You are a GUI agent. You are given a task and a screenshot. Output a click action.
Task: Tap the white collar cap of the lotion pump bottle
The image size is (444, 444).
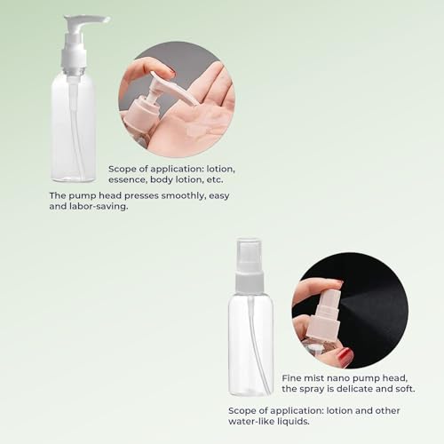pos(74,59)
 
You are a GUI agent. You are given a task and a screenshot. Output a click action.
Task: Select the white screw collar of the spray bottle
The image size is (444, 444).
pos(250,282)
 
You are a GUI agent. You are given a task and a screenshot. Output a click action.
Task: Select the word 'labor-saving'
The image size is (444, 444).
pos(99,206)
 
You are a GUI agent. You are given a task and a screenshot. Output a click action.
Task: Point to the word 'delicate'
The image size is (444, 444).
pos(353,389)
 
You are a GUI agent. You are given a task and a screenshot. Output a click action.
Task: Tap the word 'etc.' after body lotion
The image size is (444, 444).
pos(214,179)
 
